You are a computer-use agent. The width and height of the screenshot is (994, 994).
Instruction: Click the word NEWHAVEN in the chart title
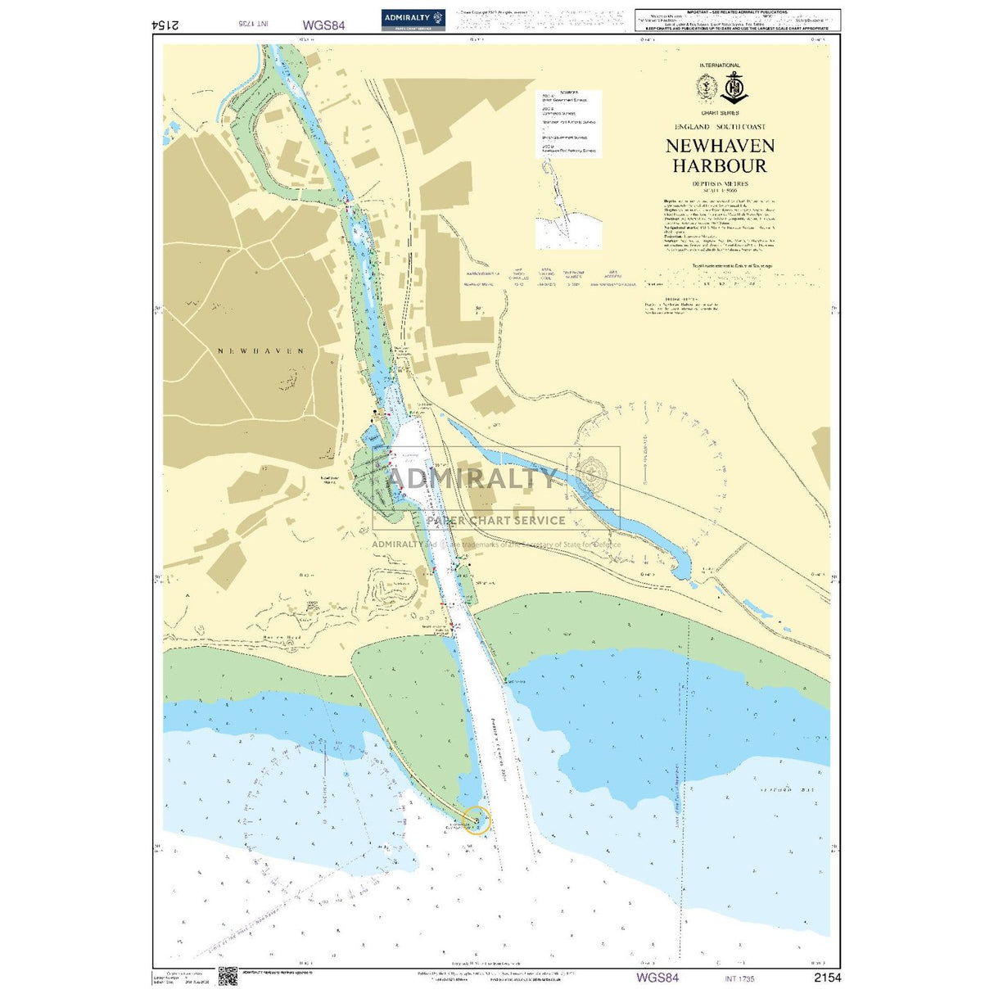(x=720, y=146)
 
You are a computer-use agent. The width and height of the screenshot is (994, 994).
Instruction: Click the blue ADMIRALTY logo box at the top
(x=413, y=20)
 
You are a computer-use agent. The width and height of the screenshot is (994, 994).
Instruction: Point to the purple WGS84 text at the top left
(x=323, y=25)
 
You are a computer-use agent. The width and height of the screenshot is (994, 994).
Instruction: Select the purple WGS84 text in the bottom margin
(x=657, y=977)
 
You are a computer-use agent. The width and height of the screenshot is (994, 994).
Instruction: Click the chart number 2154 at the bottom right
(x=826, y=977)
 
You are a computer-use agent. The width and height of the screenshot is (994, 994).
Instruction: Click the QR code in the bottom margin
(x=228, y=976)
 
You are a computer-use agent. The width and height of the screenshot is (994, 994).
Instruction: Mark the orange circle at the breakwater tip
(x=477, y=820)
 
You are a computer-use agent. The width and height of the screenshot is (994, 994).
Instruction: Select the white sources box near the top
(x=569, y=123)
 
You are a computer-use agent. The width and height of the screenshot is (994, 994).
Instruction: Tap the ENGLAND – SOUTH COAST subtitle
(x=720, y=127)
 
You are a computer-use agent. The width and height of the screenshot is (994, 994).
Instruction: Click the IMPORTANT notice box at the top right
(x=737, y=20)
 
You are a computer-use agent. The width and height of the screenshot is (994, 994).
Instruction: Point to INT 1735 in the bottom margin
(x=739, y=978)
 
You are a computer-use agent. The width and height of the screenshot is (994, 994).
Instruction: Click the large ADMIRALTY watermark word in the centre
(x=471, y=477)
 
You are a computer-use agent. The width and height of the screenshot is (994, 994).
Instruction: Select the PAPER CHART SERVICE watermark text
(x=496, y=520)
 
